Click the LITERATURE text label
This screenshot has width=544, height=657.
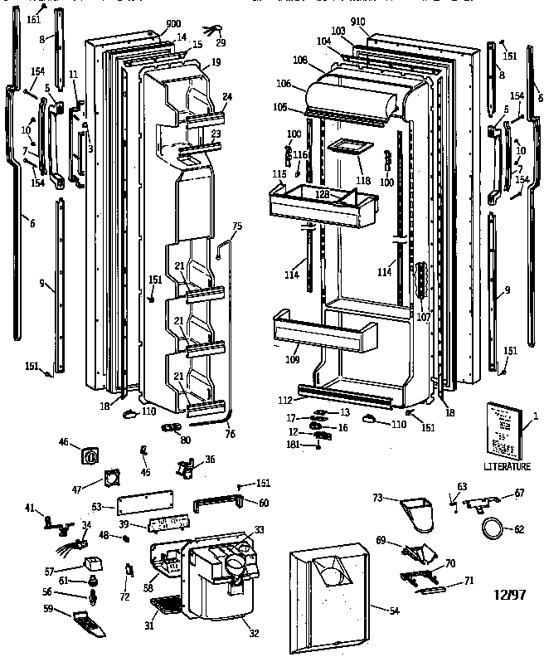tap(506, 467)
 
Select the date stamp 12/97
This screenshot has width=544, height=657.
tap(508, 595)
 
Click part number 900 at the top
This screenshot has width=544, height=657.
tap(173, 23)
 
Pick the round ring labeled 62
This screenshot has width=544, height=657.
tap(493, 527)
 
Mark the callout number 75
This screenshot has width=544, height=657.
tap(236, 226)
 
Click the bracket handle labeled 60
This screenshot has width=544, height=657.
tap(219, 504)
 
